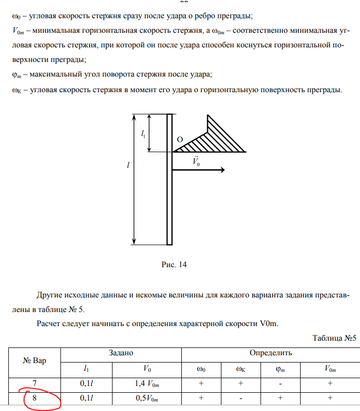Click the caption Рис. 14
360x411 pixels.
tap(174, 264)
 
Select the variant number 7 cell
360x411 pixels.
tap(35, 384)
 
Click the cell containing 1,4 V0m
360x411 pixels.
tap(147, 384)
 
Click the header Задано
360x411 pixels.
tap(121, 353)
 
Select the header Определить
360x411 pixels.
tap(270, 353)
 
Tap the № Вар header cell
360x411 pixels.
tap(35, 360)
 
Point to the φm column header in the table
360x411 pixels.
tap(280, 369)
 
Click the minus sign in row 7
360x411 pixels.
tap(280, 384)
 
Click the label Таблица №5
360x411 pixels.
tap(334, 338)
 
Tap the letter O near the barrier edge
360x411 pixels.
tap(180, 140)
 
